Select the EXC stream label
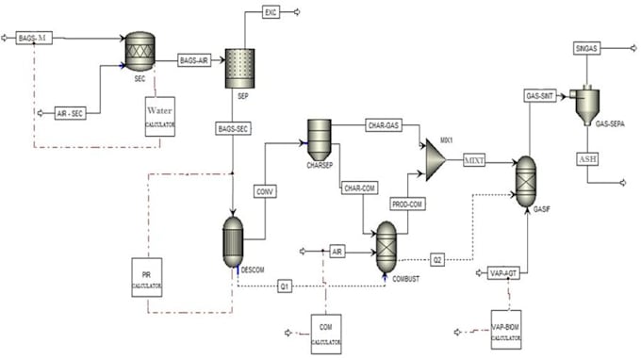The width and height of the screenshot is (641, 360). (x=271, y=12)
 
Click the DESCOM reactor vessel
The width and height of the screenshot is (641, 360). (x=232, y=239)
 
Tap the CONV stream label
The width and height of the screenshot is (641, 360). (x=265, y=192)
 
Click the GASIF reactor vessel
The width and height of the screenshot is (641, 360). (x=527, y=177)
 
